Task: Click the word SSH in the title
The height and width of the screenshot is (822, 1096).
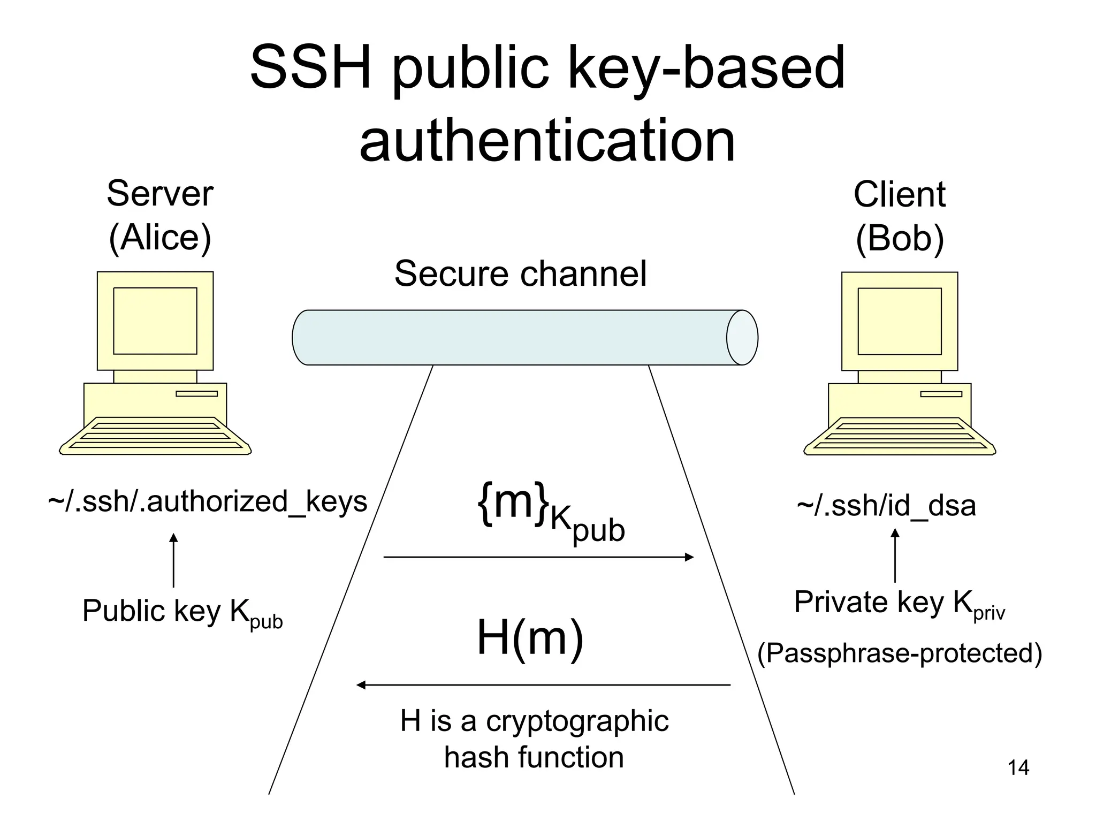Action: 311,68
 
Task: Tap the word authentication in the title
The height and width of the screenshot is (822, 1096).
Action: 547,141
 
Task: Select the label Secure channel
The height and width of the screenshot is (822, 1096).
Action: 520,273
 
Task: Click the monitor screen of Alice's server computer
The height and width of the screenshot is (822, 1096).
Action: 155,321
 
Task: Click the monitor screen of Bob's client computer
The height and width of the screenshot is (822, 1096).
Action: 899,321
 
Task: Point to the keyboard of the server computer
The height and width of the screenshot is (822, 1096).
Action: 155,436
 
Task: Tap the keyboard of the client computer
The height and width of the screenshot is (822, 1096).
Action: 899,436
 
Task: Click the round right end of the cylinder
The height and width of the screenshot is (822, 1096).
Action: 742,338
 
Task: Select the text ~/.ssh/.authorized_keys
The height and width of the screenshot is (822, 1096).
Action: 208,501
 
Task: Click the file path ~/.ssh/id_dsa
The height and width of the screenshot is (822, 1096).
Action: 886,505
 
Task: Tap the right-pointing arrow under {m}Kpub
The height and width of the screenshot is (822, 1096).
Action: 538,557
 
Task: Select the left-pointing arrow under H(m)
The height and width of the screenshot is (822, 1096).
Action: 543,685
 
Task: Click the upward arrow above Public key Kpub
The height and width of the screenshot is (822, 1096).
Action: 173,560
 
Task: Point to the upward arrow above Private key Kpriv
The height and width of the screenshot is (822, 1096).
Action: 895,555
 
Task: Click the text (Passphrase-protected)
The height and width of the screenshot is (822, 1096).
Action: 900,653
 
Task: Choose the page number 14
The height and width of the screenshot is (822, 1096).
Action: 1018,768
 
